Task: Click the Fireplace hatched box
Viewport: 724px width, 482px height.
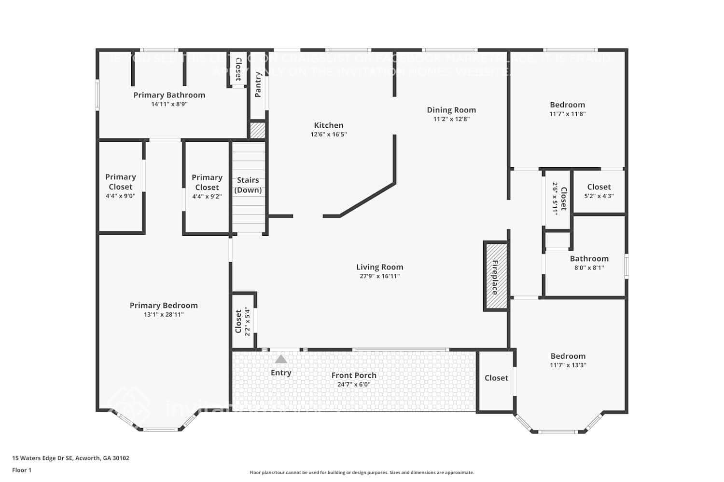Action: [496, 276]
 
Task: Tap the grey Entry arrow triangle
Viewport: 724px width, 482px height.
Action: [281, 359]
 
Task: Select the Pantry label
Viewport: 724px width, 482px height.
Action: [258, 84]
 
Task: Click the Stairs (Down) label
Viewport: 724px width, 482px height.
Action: [248, 185]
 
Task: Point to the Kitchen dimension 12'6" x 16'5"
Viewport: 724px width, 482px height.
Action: [329, 134]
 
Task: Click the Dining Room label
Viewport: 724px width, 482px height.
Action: [451, 110]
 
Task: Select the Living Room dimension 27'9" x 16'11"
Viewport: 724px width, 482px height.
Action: [379, 276]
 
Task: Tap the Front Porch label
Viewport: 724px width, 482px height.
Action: [354, 375]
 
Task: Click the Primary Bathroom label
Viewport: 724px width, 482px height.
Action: [169, 95]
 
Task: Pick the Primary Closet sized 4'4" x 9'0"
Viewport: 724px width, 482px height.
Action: [121, 186]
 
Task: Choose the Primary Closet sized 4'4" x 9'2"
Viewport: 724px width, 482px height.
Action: [207, 187]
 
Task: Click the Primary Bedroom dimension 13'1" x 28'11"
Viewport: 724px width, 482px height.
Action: [164, 314]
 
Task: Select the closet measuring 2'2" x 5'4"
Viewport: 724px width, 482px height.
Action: [243, 321]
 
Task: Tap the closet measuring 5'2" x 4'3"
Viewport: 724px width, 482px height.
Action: [599, 191]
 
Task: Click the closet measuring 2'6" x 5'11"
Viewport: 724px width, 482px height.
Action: [559, 199]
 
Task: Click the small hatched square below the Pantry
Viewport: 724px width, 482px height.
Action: [257, 131]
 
